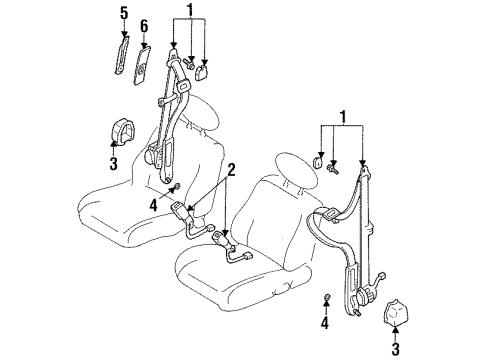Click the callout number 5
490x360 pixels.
(x=124, y=14)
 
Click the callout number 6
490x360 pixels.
(x=144, y=27)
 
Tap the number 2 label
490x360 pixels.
(x=231, y=170)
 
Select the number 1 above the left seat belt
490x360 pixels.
(x=190, y=10)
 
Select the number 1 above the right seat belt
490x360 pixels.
(x=343, y=117)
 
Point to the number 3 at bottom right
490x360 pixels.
(x=395, y=349)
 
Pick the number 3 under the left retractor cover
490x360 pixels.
(x=114, y=164)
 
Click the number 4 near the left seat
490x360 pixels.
(x=153, y=205)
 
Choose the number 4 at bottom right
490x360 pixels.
(x=325, y=323)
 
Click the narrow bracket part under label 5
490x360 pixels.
(x=121, y=55)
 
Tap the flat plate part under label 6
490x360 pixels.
(x=142, y=66)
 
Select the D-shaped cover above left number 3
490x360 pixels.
(x=123, y=132)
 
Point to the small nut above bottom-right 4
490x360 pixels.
(x=327, y=296)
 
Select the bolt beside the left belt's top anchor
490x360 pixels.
(x=189, y=63)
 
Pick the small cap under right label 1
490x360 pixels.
(x=318, y=162)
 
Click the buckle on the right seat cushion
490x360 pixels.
(x=222, y=239)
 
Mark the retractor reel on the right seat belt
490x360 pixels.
(x=366, y=295)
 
